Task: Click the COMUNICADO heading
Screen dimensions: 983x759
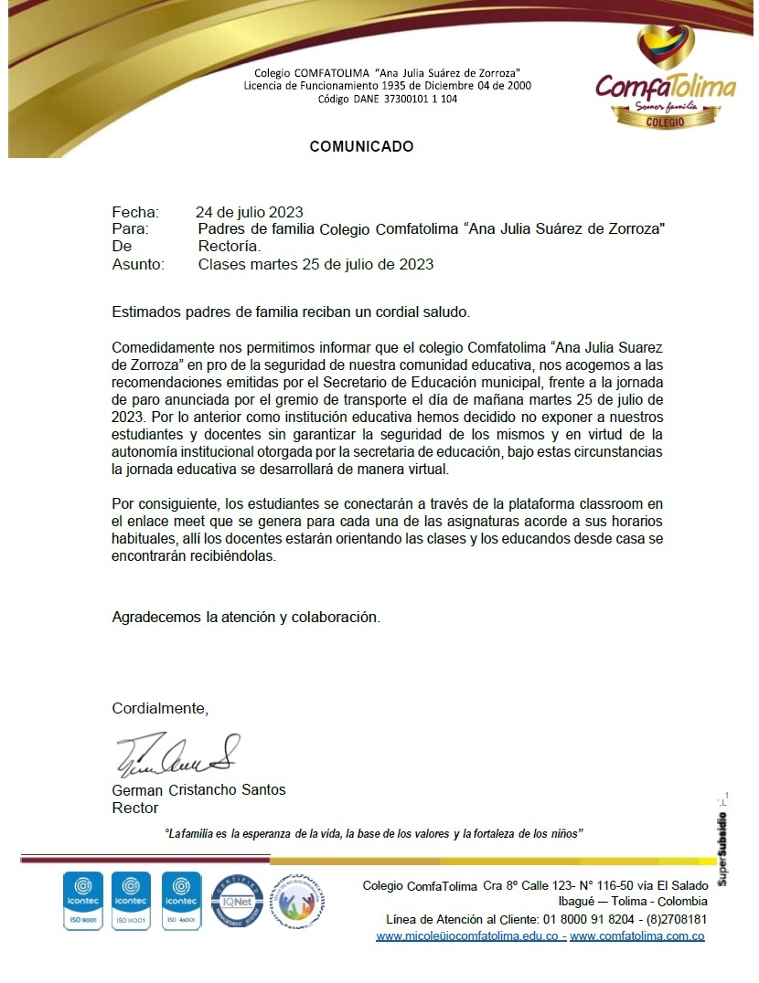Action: [361, 146]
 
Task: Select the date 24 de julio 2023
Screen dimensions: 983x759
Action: [250, 213]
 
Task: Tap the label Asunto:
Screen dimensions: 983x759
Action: [138, 265]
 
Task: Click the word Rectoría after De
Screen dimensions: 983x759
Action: [230, 247]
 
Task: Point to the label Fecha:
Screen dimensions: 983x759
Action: [135, 213]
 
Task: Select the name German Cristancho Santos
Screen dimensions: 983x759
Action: [198, 790]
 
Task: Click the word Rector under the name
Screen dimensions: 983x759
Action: [134, 808]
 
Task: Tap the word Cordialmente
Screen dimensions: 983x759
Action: [160, 708]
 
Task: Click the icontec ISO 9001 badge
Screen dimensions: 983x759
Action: [82, 901]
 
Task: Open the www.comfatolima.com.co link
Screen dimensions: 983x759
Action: [636, 936]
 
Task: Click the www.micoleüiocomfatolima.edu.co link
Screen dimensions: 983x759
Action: [469, 936]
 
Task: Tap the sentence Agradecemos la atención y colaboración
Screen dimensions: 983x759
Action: [245, 617]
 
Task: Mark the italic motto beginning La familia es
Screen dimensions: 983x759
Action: [373, 834]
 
